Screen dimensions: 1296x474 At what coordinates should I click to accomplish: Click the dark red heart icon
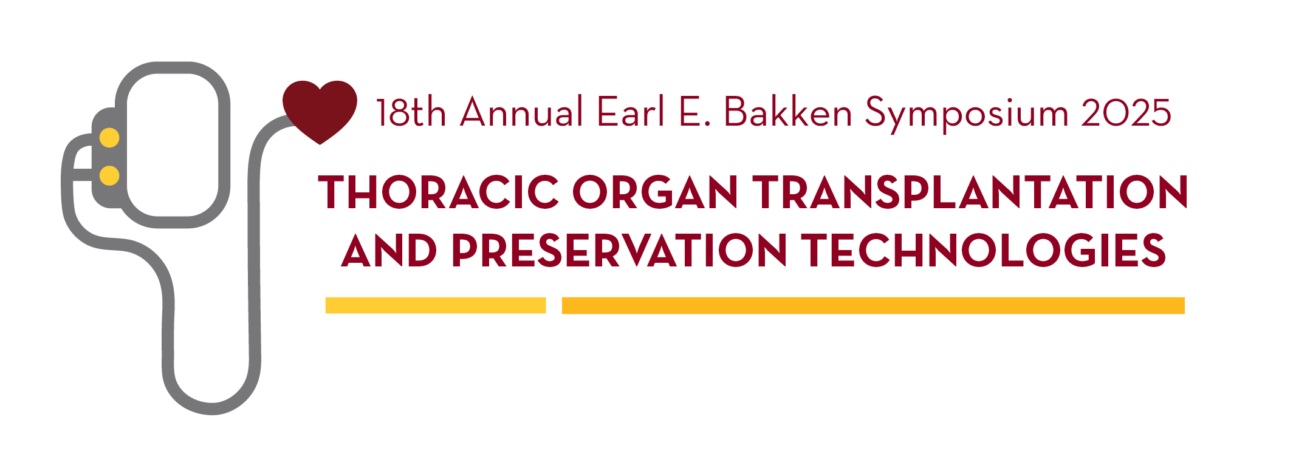coord(320,112)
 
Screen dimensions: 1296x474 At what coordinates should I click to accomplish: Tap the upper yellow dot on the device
coord(109,138)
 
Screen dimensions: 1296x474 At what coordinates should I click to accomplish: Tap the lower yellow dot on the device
coord(109,175)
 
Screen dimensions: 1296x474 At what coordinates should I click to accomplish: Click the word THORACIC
coord(439,192)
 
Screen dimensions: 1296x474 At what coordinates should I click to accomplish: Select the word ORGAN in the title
coord(655,192)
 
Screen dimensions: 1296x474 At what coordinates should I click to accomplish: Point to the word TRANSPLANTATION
coord(970,192)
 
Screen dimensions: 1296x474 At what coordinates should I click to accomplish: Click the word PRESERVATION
coord(619,251)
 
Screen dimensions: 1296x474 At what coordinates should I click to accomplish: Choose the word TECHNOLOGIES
coord(984,251)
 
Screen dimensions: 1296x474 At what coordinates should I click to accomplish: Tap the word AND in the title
coord(389,251)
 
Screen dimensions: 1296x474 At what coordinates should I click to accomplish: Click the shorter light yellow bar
coord(436,305)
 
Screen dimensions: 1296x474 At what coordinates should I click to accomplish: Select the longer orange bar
coord(873,305)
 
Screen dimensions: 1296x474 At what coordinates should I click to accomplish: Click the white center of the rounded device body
coord(173,144)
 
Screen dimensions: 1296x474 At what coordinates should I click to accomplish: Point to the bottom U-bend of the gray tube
coord(211,408)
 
